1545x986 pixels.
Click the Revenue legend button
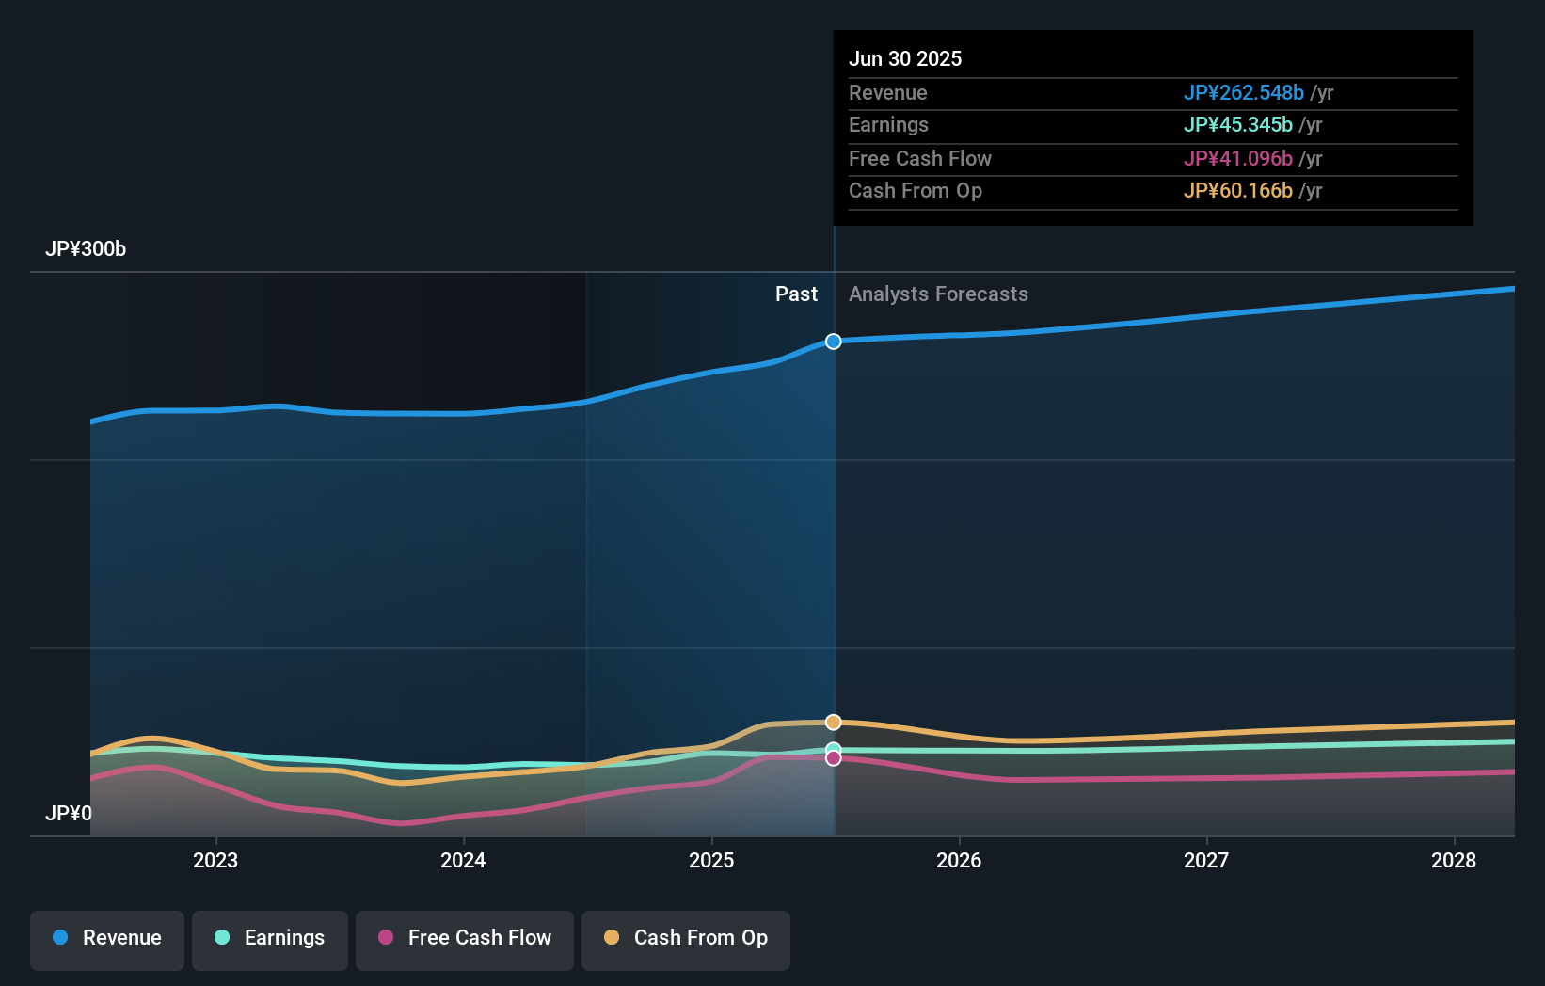point(107,938)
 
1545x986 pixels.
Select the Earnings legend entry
point(270,938)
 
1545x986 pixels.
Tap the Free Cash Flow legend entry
point(465,938)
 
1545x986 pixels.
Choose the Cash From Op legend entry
point(686,938)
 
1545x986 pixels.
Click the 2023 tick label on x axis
point(215,860)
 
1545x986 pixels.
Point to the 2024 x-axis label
point(463,860)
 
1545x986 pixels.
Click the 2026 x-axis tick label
point(959,860)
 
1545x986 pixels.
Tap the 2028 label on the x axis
point(1454,860)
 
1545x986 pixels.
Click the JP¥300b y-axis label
point(86,249)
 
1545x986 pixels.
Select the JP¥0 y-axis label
point(69,813)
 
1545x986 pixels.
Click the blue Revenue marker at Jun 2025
point(834,342)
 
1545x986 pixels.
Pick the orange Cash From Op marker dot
point(834,723)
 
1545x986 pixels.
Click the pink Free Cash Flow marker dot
point(834,758)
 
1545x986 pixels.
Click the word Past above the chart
point(796,294)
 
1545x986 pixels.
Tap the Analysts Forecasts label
point(938,294)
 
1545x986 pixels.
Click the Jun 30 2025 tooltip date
point(905,58)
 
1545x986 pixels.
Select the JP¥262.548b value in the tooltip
point(1243,93)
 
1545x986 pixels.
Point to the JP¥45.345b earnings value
point(1237,125)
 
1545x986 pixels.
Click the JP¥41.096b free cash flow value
point(1237,159)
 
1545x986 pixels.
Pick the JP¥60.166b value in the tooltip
point(1237,191)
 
